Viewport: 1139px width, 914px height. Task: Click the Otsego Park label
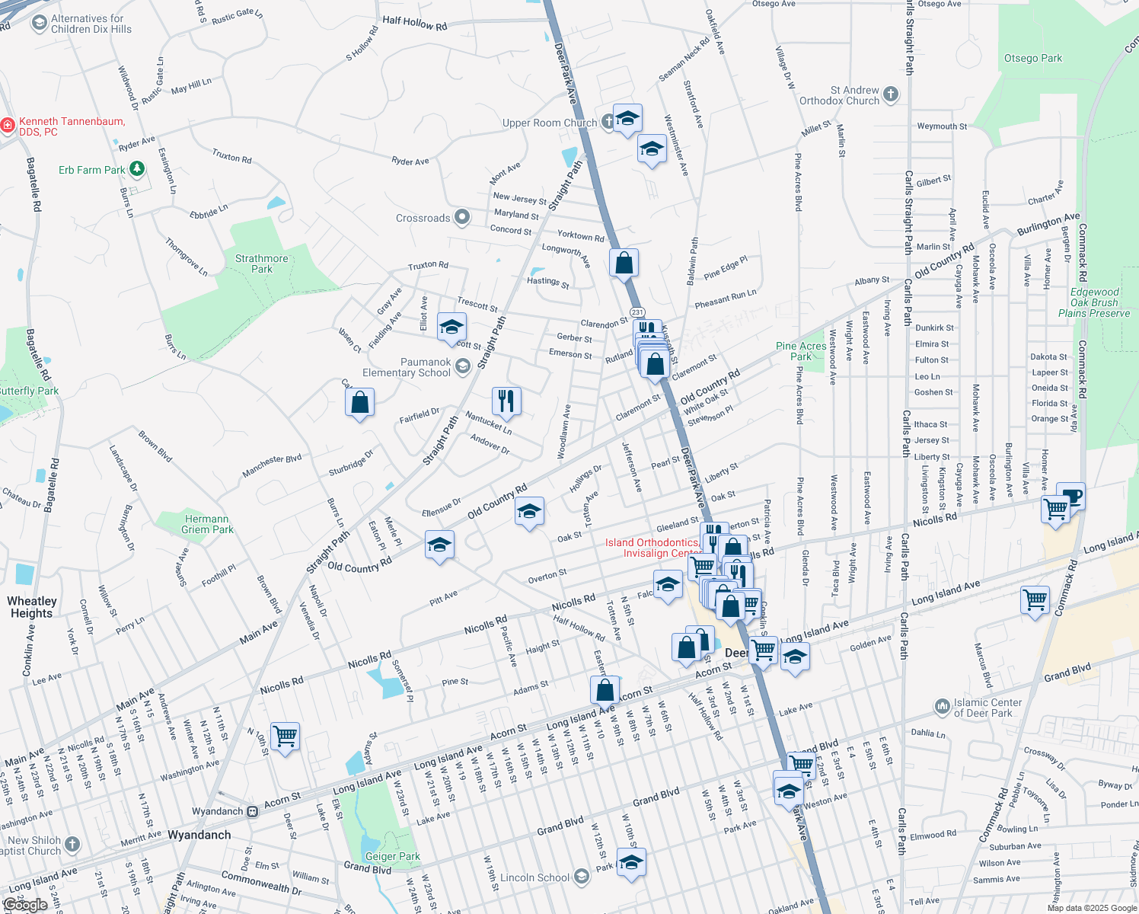(1032, 59)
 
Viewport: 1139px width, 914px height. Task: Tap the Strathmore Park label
(261, 264)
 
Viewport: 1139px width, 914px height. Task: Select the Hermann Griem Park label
(207, 524)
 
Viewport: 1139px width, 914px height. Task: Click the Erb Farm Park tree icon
(137, 169)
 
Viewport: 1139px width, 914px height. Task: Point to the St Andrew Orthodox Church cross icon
(891, 94)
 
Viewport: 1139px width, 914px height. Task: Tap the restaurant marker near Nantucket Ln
(506, 400)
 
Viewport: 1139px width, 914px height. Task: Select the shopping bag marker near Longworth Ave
(624, 263)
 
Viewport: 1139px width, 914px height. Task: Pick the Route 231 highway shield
(637, 312)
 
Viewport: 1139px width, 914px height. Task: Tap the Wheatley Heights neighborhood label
(32, 607)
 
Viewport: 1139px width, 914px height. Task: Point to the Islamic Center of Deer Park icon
(944, 708)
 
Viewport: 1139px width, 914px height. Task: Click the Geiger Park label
(392, 856)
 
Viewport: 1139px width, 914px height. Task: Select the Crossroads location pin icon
(462, 218)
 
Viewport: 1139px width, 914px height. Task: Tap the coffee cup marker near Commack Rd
(1071, 496)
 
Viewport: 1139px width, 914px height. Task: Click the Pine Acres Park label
(801, 351)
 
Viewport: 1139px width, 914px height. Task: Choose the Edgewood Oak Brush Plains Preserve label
(1094, 302)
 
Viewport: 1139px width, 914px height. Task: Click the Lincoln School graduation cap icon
(581, 877)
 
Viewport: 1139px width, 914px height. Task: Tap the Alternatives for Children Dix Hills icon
(40, 24)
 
